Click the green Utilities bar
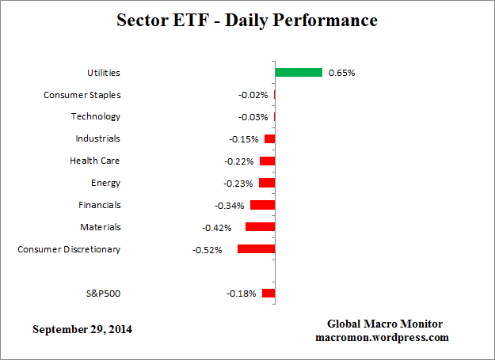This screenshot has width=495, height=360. point(299,73)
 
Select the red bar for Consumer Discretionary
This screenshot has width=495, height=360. point(256,249)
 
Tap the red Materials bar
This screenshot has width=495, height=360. point(260,227)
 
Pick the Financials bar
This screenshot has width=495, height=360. point(262,205)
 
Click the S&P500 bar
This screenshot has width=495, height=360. point(268,294)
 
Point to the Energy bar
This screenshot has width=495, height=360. point(267,183)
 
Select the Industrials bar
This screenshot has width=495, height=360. point(269,139)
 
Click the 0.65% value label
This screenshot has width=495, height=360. point(341,73)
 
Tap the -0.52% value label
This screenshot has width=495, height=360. point(208,250)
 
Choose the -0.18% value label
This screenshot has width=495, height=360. point(242,294)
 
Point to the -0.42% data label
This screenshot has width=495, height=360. point(216,228)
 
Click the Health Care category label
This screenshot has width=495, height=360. point(95,161)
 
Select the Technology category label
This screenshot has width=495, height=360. point(96,116)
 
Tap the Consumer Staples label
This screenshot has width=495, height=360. point(82,95)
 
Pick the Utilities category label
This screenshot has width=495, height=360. point(103,73)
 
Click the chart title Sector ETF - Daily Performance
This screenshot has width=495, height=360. point(248,20)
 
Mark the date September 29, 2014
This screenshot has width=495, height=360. point(82,328)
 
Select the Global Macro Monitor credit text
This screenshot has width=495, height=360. point(385,324)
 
